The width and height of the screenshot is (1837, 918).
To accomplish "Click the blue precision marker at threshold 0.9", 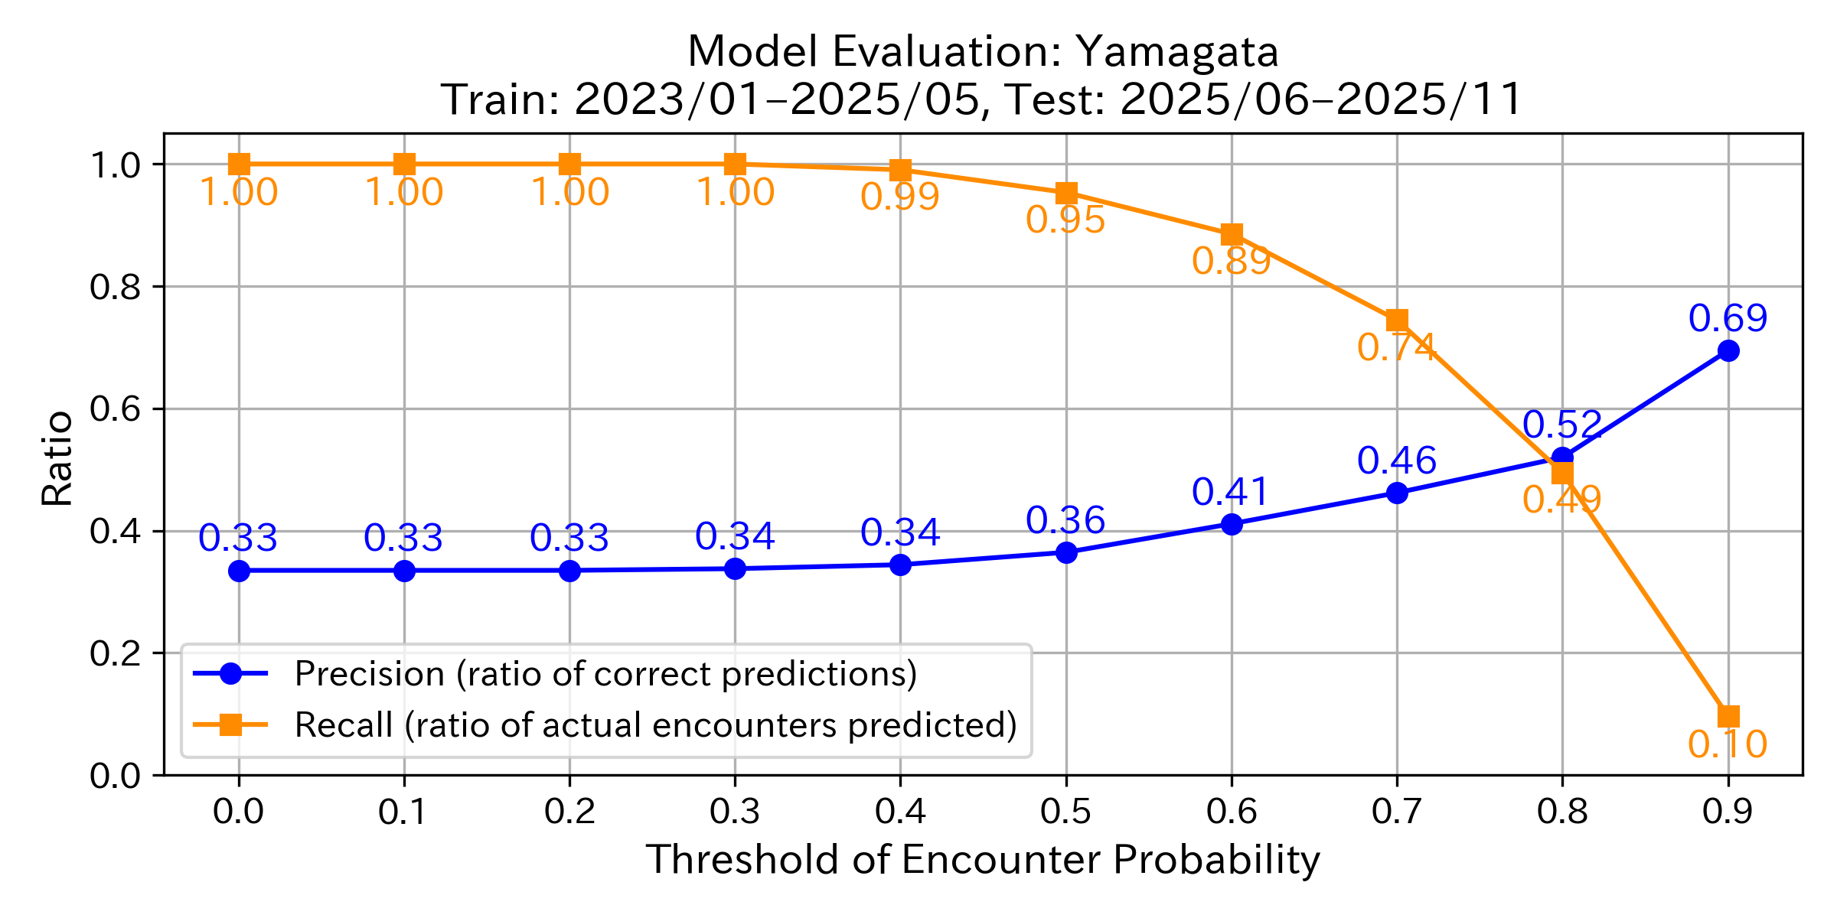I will point(1728,351).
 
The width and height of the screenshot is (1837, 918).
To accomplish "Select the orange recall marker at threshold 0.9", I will point(1728,716).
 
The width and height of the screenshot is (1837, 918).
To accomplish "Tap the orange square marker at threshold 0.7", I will point(1397,320).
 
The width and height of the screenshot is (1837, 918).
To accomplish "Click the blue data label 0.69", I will point(1728,318).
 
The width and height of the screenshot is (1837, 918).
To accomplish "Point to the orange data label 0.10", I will point(1728,744).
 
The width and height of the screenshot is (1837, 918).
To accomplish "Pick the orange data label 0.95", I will point(1065,220).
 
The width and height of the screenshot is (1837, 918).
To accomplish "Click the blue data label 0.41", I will point(1231,492).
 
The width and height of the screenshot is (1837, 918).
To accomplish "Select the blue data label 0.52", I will point(1561,425).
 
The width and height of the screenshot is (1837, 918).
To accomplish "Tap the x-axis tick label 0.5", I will point(1065,812).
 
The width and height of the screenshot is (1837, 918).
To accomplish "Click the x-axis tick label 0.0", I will point(239,812).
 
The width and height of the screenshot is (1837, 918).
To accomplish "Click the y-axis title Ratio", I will point(57,459).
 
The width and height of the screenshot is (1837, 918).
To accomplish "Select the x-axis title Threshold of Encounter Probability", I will point(983,859).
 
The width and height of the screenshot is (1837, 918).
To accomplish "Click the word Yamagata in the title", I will point(1177,52).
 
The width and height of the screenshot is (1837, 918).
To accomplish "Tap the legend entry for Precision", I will point(605,674).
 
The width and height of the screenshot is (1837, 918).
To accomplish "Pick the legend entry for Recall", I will point(654,724).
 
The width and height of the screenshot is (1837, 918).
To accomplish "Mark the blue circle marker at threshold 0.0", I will point(239,571).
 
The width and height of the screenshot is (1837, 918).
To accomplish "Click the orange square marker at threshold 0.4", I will point(900,170).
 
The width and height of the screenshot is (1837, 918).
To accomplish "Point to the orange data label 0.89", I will point(1231,262).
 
